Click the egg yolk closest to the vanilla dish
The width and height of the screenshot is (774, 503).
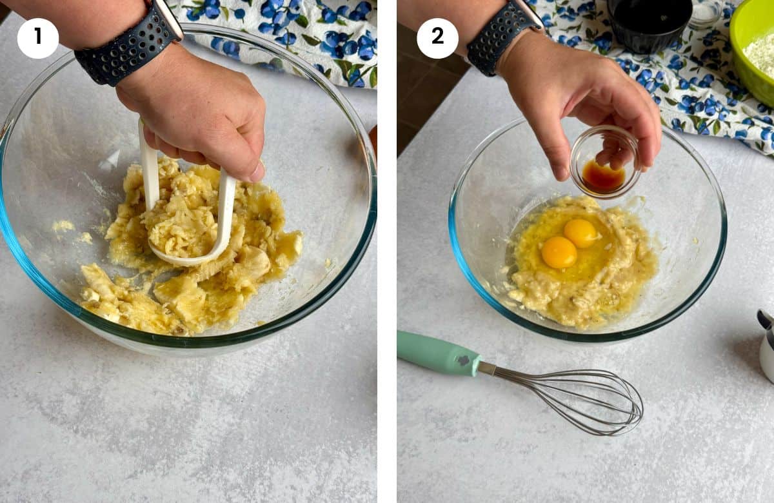(580, 232)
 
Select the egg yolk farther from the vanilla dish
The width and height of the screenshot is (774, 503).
(559, 252)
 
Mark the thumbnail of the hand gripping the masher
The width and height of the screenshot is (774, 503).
(257, 172)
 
